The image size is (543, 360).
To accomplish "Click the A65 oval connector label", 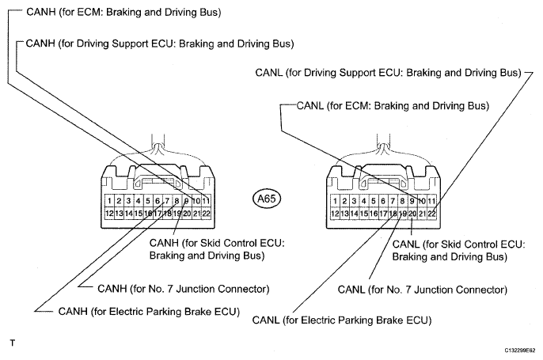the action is point(267,199).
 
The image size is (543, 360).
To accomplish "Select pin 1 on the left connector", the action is point(109,201).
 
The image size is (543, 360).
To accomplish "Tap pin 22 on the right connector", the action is point(431,214).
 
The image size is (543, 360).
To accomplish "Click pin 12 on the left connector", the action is point(109,214).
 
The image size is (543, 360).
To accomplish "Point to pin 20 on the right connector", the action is point(412,214).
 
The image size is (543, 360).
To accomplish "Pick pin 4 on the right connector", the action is point(363,201).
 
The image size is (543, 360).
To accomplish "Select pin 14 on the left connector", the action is point(128,214).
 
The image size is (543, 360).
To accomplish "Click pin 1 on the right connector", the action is point(335,201).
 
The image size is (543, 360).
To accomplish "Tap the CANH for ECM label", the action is point(123,12).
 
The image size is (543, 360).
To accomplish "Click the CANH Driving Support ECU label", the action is point(160,44).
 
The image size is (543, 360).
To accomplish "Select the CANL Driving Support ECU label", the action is point(388,73).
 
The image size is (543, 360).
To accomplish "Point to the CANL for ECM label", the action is point(393,105).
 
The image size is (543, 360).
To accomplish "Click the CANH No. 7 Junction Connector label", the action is point(183,289).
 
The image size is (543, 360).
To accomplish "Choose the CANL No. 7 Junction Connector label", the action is point(423,290).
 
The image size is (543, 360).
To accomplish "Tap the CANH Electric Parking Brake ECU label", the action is point(149,312).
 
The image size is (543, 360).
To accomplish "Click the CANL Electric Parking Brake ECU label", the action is point(342,320).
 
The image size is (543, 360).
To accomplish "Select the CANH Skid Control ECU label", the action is point(217,249).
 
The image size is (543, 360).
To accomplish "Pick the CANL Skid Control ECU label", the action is point(458,250).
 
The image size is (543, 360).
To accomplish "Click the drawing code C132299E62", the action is point(520,351).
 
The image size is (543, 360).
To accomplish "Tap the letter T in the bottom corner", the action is point(13,343).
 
